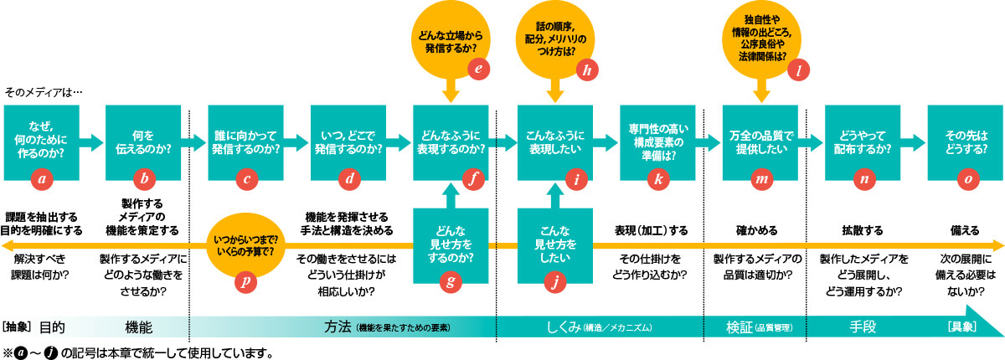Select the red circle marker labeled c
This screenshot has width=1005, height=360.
pos(247,177)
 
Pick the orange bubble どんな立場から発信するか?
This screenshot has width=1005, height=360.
pos(451,42)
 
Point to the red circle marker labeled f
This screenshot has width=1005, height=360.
pos(475,177)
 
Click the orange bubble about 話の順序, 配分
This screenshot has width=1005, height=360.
pos(554,42)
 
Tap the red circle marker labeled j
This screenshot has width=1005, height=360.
pos(554,282)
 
